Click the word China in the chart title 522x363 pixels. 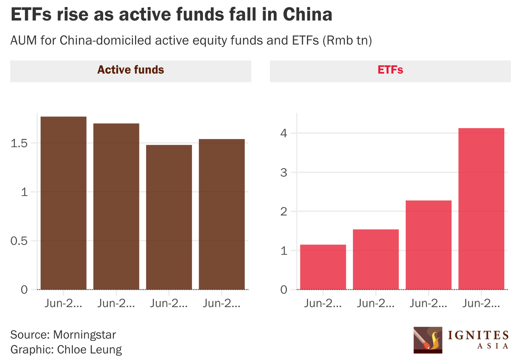307,15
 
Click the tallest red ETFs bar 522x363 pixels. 481,209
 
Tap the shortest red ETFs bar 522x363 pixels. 323,267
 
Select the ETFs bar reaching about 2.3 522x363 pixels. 428,245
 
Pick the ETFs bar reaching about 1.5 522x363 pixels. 376,259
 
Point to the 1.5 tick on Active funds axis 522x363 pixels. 19,143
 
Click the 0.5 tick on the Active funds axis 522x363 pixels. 19,241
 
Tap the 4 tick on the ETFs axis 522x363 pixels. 284,133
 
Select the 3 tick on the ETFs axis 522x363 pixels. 284,173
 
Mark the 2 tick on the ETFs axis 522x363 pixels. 284,212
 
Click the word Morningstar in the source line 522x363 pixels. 85,335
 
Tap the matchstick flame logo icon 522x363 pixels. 428,340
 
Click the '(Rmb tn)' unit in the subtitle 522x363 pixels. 347,41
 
